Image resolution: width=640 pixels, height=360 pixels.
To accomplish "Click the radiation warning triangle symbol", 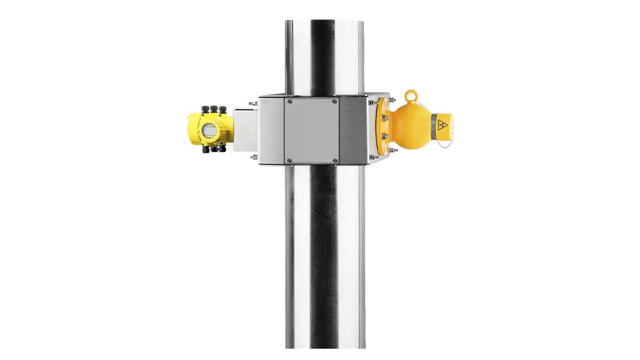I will click(x=442, y=125).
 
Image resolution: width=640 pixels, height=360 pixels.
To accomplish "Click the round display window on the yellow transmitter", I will click(x=209, y=130).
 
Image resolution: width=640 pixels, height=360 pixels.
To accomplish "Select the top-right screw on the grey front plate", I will click(x=334, y=101).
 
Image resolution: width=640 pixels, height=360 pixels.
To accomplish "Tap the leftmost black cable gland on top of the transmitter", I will click(x=205, y=110).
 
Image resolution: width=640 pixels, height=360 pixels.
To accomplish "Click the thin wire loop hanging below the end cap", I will click(x=444, y=142).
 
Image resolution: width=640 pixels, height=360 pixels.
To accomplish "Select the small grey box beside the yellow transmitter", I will click(x=245, y=129).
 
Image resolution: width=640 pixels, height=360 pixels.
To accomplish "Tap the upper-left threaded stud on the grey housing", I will click(x=252, y=103).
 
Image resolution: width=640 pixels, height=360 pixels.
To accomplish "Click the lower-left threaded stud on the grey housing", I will click(x=253, y=157).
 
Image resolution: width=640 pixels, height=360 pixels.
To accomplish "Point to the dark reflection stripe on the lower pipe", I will click(x=323, y=263).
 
